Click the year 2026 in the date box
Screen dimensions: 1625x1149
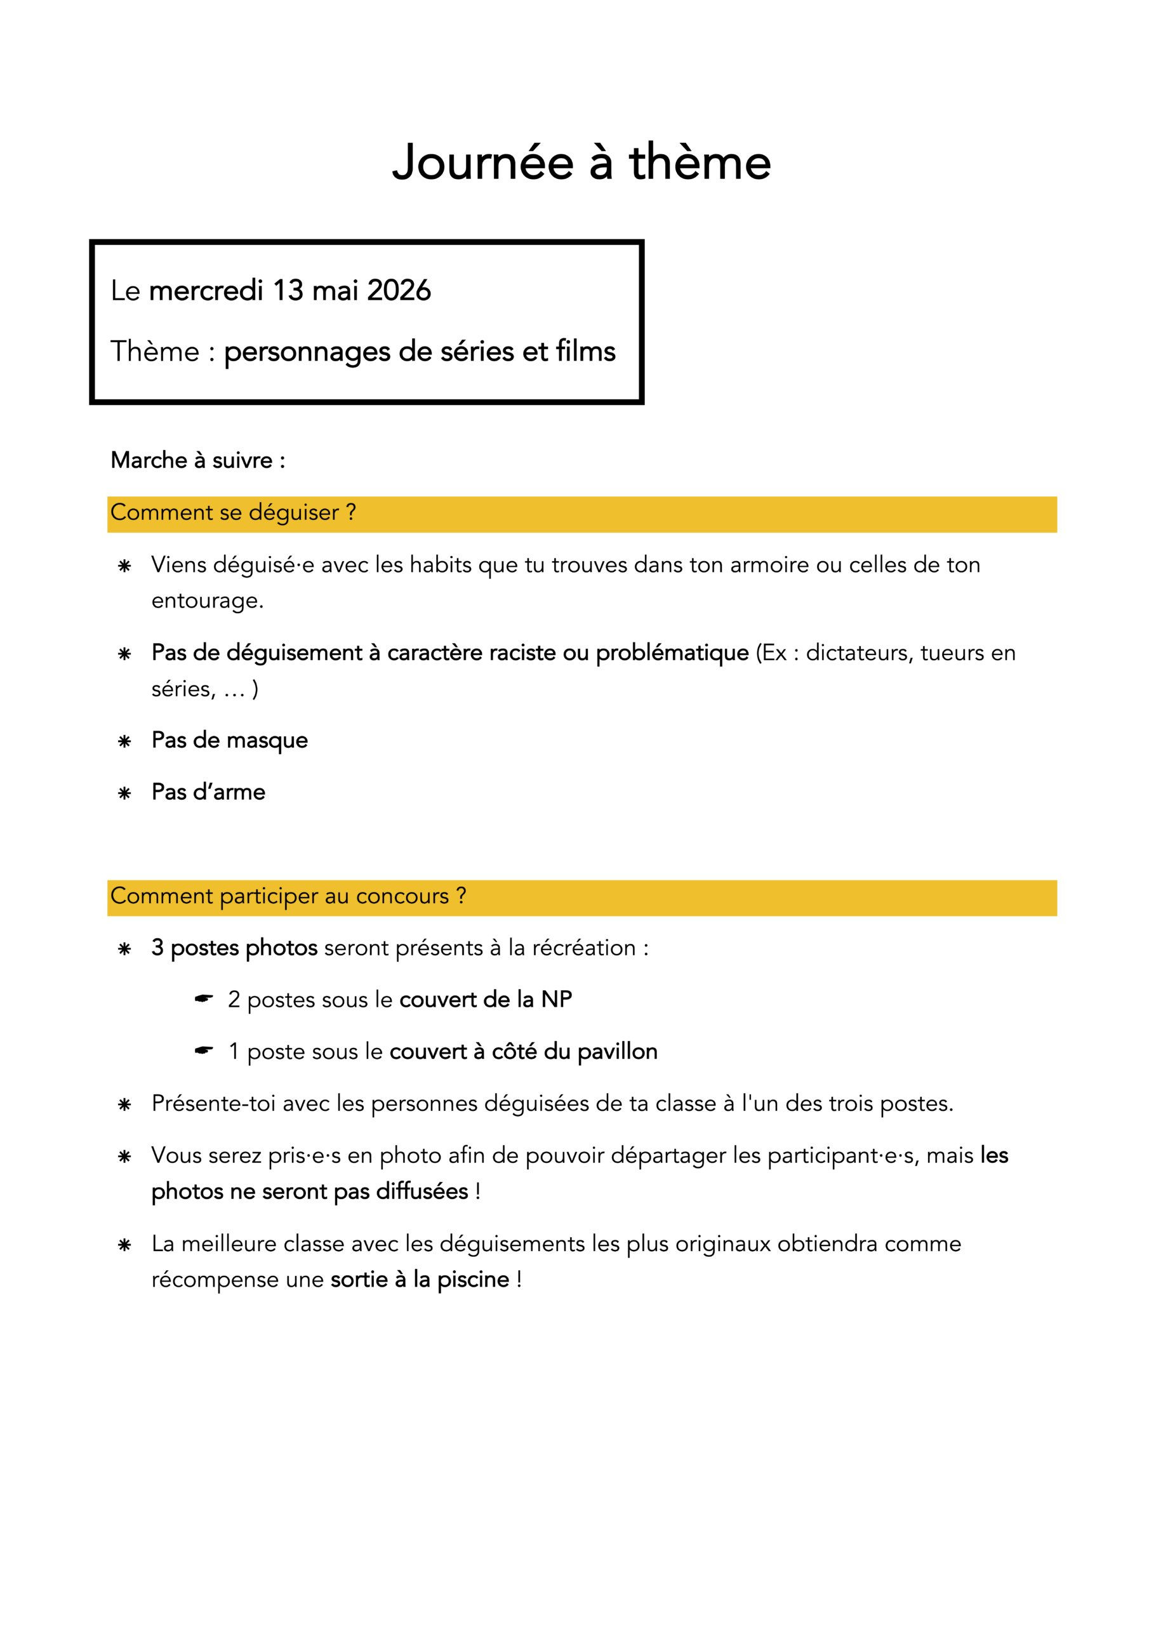[x=399, y=290]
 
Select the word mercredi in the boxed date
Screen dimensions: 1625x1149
[x=206, y=290]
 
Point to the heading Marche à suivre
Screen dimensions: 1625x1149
[x=197, y=460]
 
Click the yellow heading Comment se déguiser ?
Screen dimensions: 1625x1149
[x=233, y=512]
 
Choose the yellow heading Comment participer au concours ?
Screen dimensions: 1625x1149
[x=288, y=896]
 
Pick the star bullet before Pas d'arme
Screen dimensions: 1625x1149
[x=124, y=793]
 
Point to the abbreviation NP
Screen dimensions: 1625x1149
[x=557, y=999]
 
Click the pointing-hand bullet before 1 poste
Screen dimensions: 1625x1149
[x=204, y=1051]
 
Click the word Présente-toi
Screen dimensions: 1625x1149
[x=213, y=1103]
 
